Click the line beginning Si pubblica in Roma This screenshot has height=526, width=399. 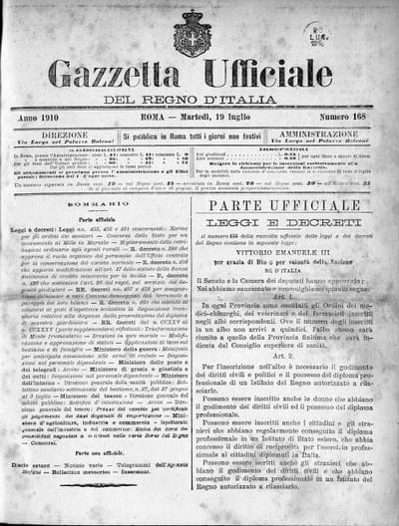(x=199, y=134)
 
